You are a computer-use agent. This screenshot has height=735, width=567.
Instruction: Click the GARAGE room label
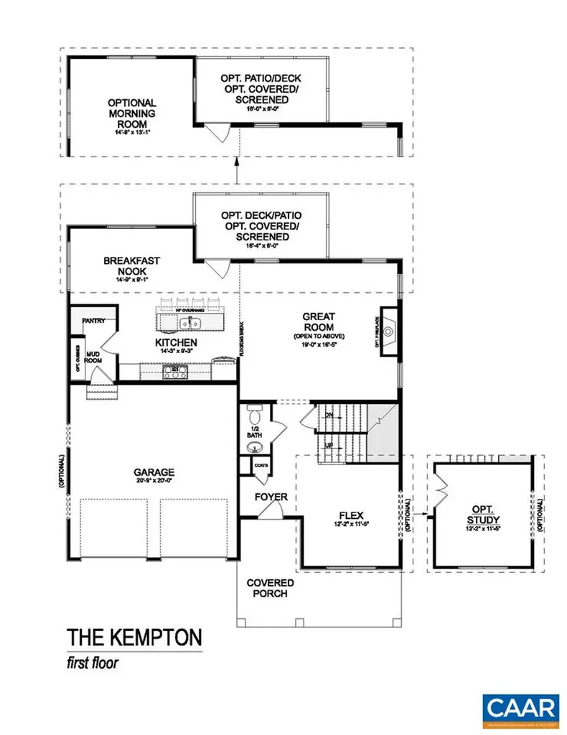pos(154,472)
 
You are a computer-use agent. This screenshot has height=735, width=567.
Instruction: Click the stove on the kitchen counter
pos(176,372)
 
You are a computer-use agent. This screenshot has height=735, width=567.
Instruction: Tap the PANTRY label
pos(94,321)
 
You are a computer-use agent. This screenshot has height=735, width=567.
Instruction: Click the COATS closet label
pos(261,466)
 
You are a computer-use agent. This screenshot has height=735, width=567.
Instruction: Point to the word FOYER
pos(271,497)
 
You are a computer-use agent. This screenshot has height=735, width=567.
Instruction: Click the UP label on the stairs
pos(329,446)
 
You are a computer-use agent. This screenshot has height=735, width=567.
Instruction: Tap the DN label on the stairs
pos(329,415)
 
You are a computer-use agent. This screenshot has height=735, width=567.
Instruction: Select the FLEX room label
pos(352,515)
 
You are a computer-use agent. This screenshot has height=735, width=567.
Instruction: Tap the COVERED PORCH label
pos(270,588)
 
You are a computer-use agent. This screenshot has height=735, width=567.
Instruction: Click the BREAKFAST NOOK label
pos(131,266)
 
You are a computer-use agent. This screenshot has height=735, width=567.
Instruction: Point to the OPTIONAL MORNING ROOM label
pos(132,113)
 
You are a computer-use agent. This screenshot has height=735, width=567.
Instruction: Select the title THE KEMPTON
pos(135,637)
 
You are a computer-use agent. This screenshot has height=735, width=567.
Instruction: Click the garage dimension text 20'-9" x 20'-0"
pos(154,482)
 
